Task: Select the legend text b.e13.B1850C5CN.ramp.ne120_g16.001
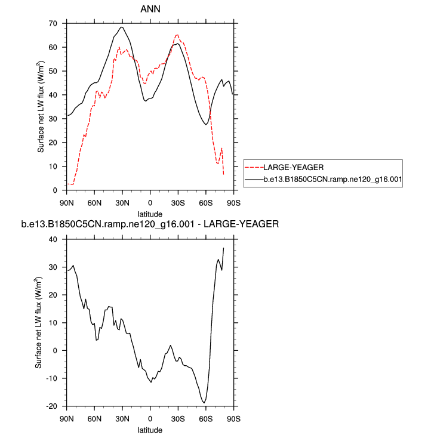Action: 333,178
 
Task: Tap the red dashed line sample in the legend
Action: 254,167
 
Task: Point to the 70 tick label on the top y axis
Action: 53,23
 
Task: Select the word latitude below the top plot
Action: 150,213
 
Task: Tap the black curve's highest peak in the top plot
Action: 122,27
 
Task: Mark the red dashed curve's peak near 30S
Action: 177,35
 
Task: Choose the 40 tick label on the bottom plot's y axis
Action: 53,239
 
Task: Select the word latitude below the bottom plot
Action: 150,429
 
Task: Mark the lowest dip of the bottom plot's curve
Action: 205,403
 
